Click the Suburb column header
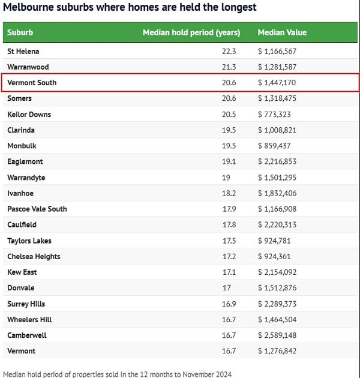(x=20, y=32)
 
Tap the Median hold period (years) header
(x=191, y=32)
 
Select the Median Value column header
(x=282, y=32)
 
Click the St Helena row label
(x=23, y=52)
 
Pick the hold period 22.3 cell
(x=229, y=52)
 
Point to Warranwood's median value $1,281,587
(x=277, y=67)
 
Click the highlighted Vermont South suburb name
(x=32, y=83)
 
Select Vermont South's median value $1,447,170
(x=277, y=83)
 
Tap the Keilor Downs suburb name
(x=29, y=115)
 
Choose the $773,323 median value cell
(x=274, y=115)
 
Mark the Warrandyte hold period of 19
(x=232, y=178)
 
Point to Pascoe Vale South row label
(x=37, y=209)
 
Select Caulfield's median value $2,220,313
(x=277, y=225)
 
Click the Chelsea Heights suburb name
(x=34, y=257)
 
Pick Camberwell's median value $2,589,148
(x=277, y=335)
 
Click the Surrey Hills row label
(x=26, y=304)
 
